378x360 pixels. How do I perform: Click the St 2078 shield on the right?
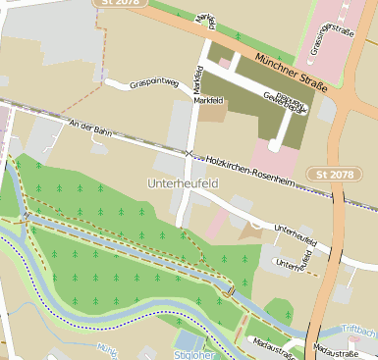click(x=336, y=175)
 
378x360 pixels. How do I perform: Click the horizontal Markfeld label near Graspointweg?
click(x=214, y=101)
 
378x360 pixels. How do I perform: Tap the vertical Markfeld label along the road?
click(x=198, y=78)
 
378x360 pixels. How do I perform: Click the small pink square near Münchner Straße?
click(x=225, y=62)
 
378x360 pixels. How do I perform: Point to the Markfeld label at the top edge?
click(x=206, y=17)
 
